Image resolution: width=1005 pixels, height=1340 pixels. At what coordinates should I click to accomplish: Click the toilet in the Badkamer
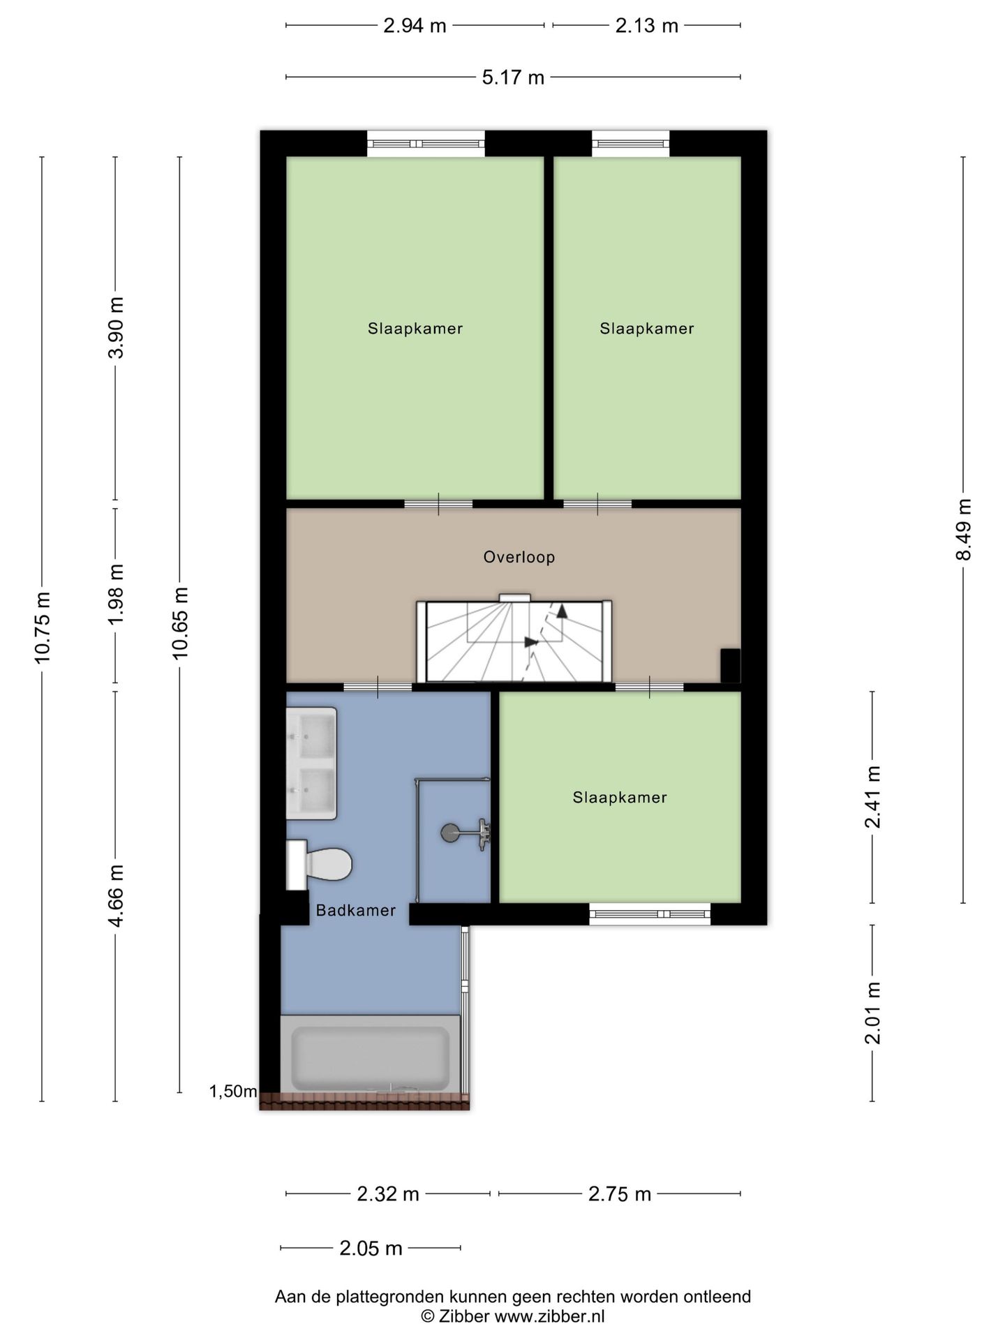318,865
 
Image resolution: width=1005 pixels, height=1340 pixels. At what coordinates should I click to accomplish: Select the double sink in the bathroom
311,764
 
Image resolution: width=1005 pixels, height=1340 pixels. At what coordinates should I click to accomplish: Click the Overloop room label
519,557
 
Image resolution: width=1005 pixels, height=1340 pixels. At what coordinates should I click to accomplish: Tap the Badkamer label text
356,910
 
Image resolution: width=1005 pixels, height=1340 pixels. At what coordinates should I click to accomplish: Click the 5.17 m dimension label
513,77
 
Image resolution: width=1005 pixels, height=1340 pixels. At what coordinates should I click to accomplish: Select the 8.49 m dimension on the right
963,529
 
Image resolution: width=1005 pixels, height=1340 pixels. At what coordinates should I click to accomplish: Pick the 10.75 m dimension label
42,627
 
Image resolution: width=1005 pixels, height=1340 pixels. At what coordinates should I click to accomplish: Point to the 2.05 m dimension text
371,1248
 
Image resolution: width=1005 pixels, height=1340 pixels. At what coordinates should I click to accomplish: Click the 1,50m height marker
233,1092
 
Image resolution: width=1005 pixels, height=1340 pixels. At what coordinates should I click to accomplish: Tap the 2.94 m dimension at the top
415,26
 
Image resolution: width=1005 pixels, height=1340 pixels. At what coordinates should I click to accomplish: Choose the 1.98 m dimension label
116,595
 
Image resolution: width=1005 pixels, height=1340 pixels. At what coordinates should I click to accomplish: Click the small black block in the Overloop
730,666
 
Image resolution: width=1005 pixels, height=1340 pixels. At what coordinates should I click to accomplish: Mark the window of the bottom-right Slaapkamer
650,914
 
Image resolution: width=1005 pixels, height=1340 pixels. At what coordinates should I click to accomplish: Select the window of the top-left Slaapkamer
426,144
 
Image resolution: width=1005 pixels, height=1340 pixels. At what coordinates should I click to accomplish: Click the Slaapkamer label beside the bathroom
620,797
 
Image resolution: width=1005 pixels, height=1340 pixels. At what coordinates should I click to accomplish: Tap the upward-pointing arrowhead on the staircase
562,611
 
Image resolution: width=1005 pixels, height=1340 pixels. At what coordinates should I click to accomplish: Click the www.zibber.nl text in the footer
549,1316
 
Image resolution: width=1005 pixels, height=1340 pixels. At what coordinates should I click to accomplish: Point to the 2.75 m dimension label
620,1194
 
